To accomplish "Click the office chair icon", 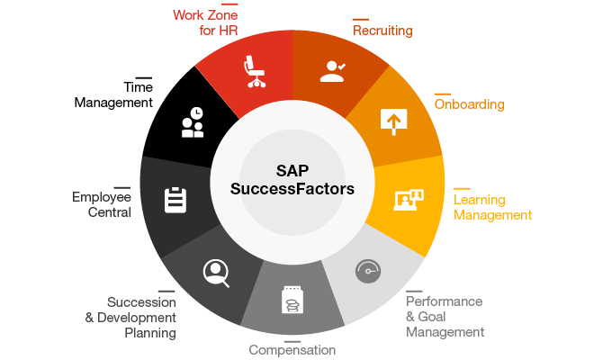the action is coord(255,71).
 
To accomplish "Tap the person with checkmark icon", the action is coord(333,71).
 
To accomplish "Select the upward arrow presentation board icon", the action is coord(393,121).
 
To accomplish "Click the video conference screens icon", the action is coord(409,200).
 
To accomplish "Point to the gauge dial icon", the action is coord(368,271).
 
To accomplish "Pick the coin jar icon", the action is coord(292,300).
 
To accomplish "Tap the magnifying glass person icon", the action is coord(216,274).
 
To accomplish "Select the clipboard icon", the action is coord(175,200).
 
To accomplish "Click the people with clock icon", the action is coord(193,122).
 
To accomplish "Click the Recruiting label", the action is coord(382,31).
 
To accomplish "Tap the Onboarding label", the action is coord(469,104).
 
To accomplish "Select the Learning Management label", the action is coord(492,207).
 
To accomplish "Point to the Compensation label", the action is coord(292,350).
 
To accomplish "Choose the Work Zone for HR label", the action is coord(205,22).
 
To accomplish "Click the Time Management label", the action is coord(113,95).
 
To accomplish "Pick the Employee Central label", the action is coord(102,204).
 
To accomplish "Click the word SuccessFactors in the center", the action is coord(292,189).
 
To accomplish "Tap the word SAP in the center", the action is coord(292,171).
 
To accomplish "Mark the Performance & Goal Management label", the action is coord(445,317).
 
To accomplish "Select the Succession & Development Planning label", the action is coord(130,318).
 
